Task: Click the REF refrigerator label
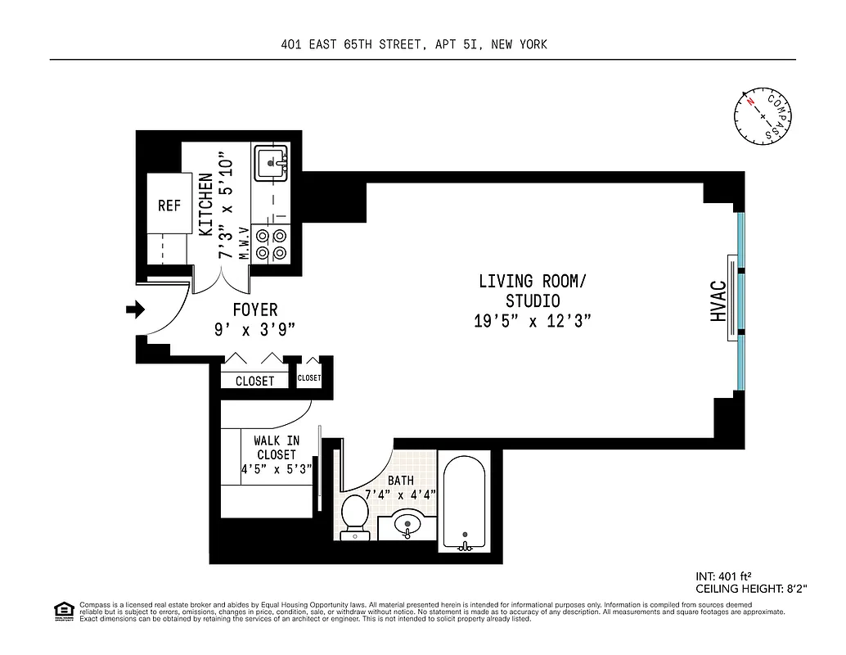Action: point(169,206)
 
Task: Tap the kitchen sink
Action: point(270,164)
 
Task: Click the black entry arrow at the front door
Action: point(134,309)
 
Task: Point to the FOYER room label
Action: point(254,310)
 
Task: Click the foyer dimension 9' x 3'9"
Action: point(254,329)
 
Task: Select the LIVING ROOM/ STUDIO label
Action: point(532,291)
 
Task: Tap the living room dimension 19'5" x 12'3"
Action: point(532,321)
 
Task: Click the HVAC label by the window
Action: point(718,300)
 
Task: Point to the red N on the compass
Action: point(749,102)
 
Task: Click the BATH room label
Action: point(401,481)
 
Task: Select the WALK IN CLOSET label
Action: point(277,448)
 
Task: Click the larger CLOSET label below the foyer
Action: point(254,381)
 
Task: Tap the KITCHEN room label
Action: point(205,205)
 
